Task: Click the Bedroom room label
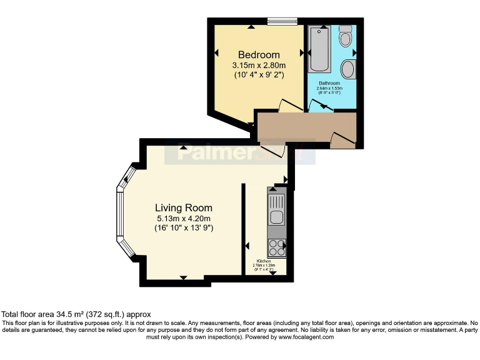coord(259,55)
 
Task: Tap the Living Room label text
coord(184,208)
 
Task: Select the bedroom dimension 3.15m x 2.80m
coord(259,66)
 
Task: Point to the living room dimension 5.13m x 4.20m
coord(184,218)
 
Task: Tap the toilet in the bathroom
coord(346,39)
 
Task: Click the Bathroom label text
coord(329,83)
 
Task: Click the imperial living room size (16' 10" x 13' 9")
coord(184,228)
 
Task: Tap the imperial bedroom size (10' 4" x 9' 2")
coord(259,75)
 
